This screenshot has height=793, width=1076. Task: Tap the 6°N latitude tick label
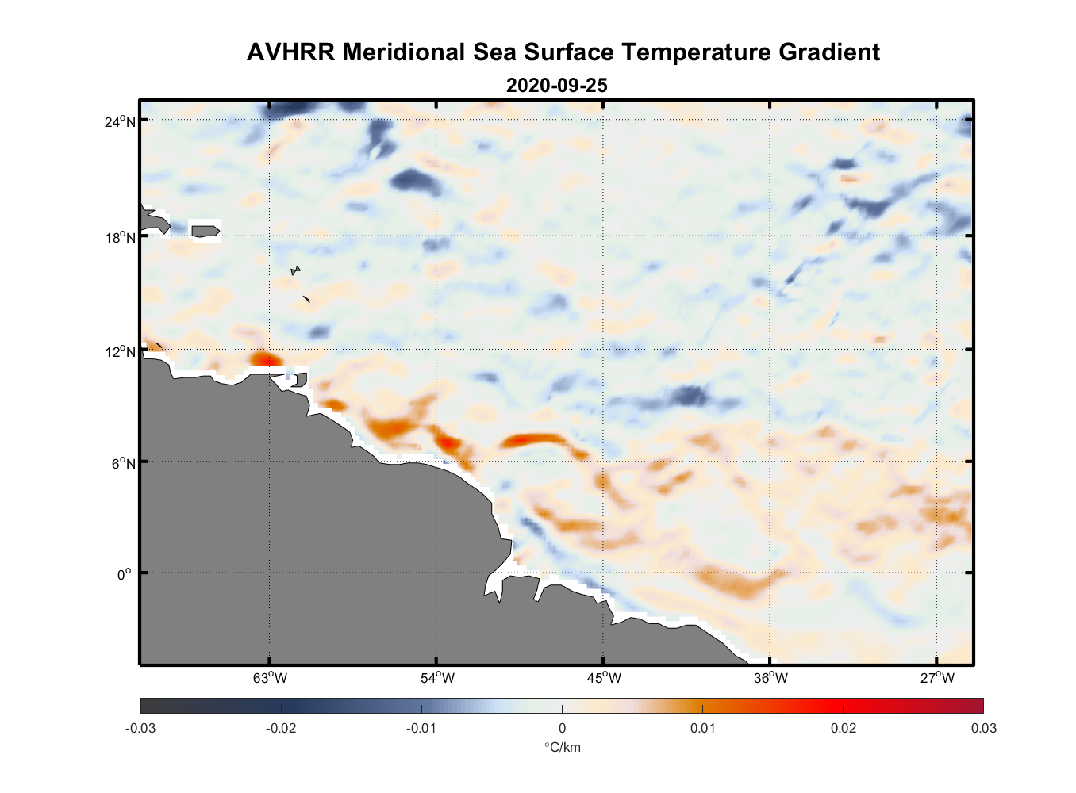pyautogui.click(x=124, y=463)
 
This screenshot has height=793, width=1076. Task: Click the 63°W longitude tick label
pyautogui.click(x=270, y=678)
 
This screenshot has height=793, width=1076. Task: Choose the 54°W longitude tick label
pyautogui.click(x=437, y=678)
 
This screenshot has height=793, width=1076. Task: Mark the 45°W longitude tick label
pyautogui.click(x=604, y=678)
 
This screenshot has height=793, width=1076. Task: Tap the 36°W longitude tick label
pyautogui.click(x=770, y=678)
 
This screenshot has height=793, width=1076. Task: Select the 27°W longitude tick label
pyautogui.click(x=937, y=678)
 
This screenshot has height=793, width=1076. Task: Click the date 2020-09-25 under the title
pyautogui.click(x=556, y=86)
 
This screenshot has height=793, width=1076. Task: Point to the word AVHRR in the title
pyautogui.click(x=291, y=52)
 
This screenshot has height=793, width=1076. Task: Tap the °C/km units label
pyautogui.click(x=562, y=747)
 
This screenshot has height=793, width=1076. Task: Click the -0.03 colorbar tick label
pyautogui.click(x=140, y=728)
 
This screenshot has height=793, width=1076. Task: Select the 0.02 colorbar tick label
pyautogui.click(x=843, y=728)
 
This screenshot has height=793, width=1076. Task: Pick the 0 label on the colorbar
pyautogui.click(x=562, y=728)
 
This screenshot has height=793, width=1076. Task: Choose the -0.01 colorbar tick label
pyautogui.click(x=421, y=728)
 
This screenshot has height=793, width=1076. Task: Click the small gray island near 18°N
pyautogui.click(x=206, y=231)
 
